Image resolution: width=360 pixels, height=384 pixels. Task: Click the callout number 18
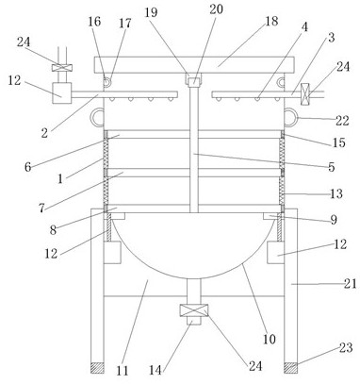pyautogui.click(x=271, y=21)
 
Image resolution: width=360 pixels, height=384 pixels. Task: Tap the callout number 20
pyautogui.click(x=217, y=9)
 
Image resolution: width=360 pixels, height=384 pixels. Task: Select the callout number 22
pyautogui.click(x=342, y=121)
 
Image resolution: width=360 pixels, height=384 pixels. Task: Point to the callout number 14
pyautogui.click(x=155, y=370)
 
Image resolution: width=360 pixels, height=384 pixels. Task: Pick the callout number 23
pyautogui.click(x=346, y=348)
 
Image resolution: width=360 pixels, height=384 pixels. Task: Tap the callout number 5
pyautogui.click(x=332, y=167)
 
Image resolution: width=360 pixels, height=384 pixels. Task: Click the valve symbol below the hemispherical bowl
pyautogui.click(x=193, y=310)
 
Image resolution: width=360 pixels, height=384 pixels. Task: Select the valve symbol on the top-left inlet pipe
pyautogui.click(x=62, y=68)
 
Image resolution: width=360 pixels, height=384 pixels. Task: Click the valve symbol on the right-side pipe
pyautogui.click(x=305, y=94)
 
